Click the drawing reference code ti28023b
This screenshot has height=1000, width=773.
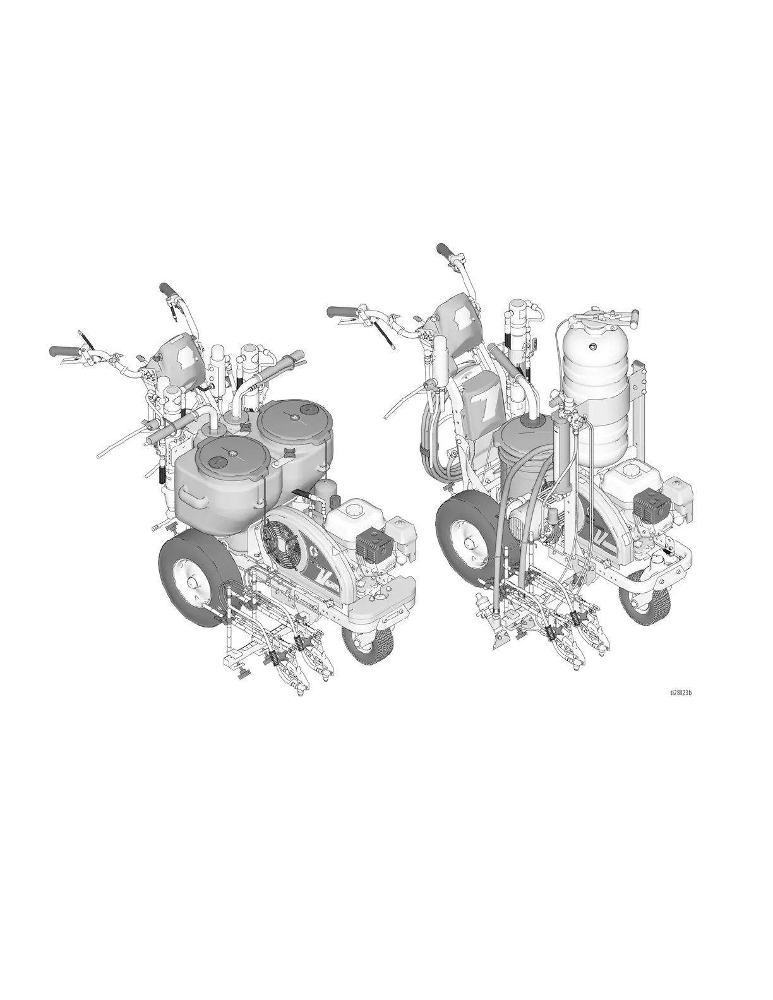pyautogui.click(x=680, y=705)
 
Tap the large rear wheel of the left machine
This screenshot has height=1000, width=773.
pyautogui.click(x=195, y=580)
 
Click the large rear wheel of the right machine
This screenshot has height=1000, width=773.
pyautogui.click(x=470, y=540)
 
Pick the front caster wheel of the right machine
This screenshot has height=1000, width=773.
pyautogui.click(x=643, y=597)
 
